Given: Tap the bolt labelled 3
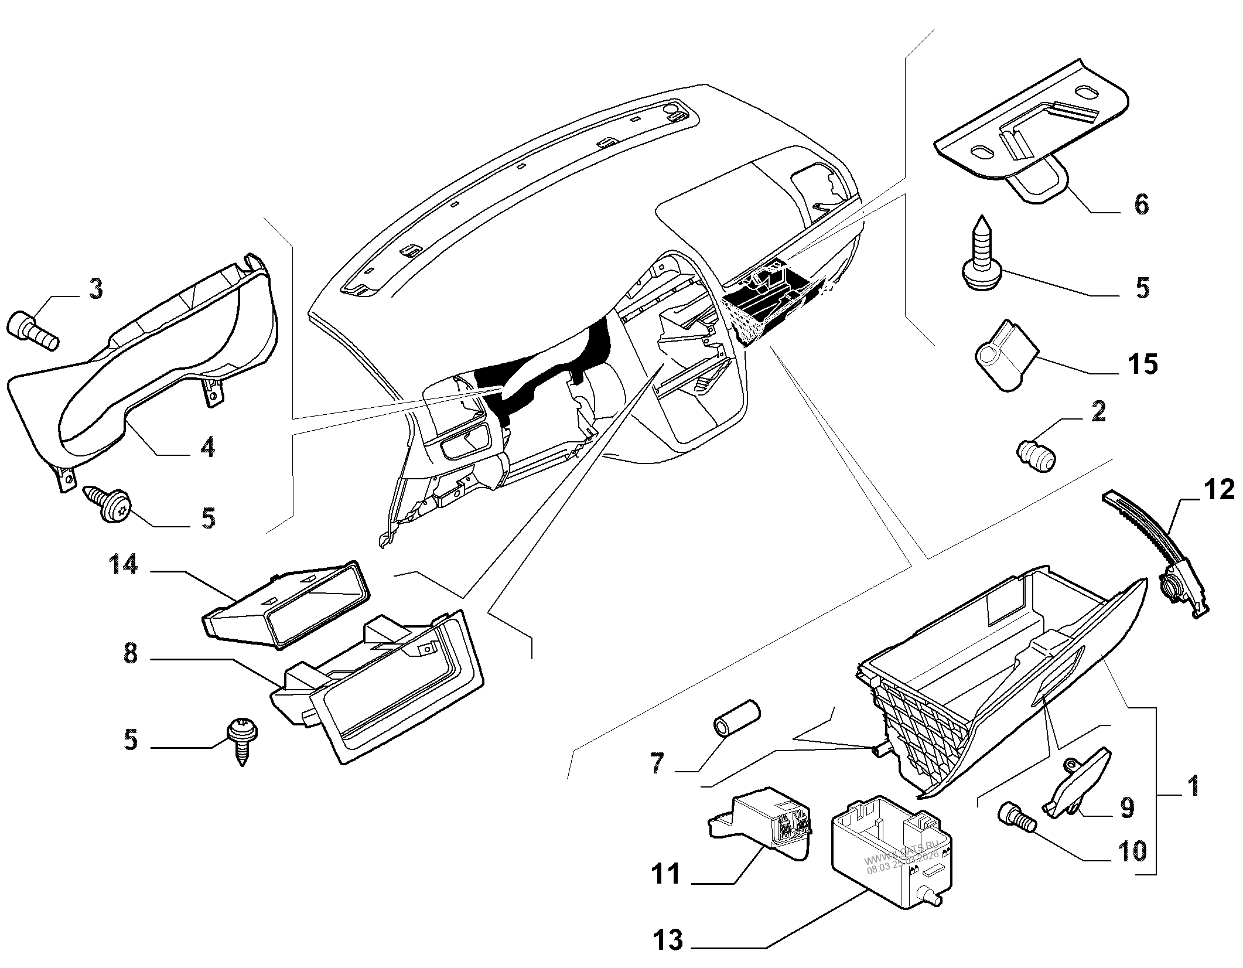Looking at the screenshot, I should pos(34,329).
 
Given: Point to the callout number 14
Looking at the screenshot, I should pos(122,565).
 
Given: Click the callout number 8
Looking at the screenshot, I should pos(131,653).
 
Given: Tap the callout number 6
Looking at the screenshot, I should pos(1140,204).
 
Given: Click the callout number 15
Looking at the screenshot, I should pos(1141,363).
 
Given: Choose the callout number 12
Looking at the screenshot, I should pos(1218,490).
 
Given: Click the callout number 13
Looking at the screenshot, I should pos(667,940).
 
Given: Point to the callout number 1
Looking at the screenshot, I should pos(1188,786).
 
